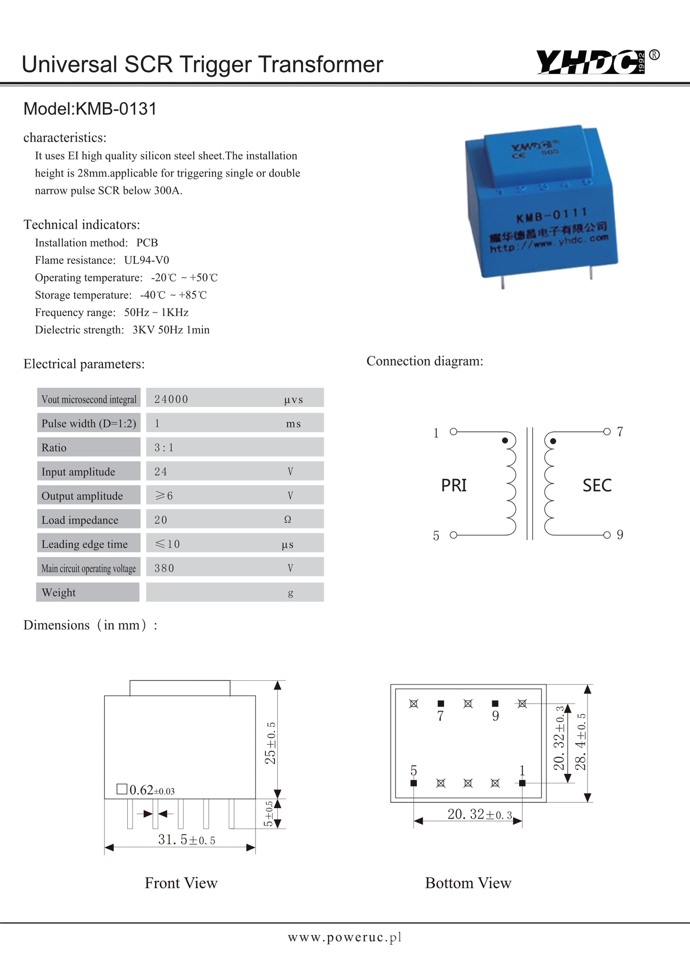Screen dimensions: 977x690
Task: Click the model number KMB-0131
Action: pyautogui.click(x=90, y=109)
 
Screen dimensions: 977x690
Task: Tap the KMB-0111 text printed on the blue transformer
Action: pyautogui.click(x=551, y=215)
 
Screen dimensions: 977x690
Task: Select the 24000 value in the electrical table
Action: pyautogui.click(x=171, y=399)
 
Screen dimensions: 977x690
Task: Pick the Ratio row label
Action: pyautogui.click(x=54, y=447)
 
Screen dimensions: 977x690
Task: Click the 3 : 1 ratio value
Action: pyautogui.click(x=164, y=447)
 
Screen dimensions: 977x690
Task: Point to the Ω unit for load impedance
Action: pyautogui.click(x=287, y=520)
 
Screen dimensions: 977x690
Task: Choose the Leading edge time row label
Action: pyautogui.click(x=84, y=544)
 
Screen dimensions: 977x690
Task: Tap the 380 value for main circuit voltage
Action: pyautogui.click(x=164, y=568)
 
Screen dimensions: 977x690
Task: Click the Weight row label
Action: pyautogui.click(x=59, y=592)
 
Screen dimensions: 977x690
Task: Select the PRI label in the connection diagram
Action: pyautogui.click(x=454, y=486)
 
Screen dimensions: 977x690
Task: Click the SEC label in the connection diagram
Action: pyautogui.click(x=597, y=486)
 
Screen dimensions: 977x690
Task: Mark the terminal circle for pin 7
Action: pyautogui.click(x=607, y=432)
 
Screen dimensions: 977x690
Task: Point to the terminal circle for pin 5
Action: pyautogui.click(x=453, y=535)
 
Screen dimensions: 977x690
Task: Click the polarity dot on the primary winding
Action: pyautogui.click(x=505, y=440)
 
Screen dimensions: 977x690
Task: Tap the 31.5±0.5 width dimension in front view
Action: pyautogui.click(x=186, y=840)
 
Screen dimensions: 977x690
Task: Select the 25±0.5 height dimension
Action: pyautogui.click(x=270, y=743)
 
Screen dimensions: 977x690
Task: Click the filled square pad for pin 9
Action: pyautogui.click(x=495, y=703)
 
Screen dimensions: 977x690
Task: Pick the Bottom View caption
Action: pyautogui.click(x=468, y=883)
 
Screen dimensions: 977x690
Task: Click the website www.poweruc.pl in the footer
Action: pyautogui.click(x=345, y=937)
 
